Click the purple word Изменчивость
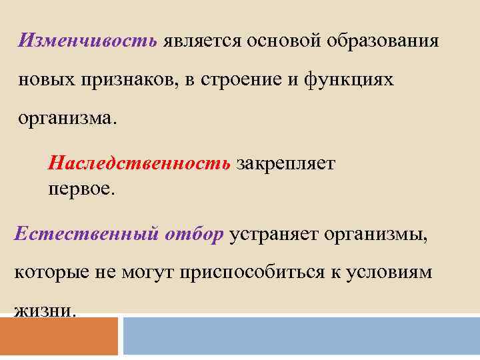(89, 41)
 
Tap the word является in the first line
(203, 41)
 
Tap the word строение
(233, 80)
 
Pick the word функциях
(349, 80)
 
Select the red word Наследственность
(139, 163)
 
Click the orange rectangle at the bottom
(59, 337)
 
